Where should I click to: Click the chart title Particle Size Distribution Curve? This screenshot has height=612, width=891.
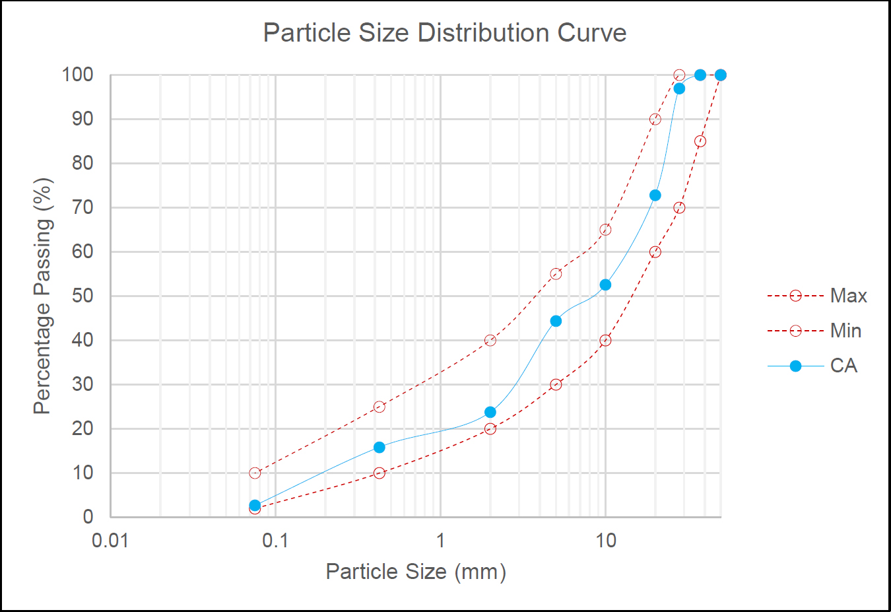[x=445, y=33]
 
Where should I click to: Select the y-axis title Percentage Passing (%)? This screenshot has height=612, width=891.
[x=42, y=296]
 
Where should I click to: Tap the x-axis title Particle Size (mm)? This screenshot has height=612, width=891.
[x=416, y=571]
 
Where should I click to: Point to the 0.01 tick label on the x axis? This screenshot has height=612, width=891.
[x=110, y=541]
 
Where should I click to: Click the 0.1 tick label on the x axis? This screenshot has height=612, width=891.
[x=275, y=541]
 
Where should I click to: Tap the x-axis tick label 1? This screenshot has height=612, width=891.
[x=440, y=541]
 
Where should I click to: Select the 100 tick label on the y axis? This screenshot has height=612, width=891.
[x=78, y=75]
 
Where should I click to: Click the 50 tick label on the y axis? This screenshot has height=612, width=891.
[x=82, y=296]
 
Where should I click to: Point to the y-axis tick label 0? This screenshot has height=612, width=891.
[x=88, y=517]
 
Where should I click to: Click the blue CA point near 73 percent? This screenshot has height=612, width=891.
[x=655, y=195]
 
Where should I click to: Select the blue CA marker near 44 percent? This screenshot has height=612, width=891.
[x=556, y=321]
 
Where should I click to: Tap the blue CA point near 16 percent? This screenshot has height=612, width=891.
[x=379, y=447]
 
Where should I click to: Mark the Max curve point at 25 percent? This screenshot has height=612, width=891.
[x=379, y=407]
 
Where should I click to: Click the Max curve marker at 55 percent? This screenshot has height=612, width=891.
[x=556, y=274]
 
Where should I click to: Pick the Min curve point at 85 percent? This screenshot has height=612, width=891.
[x=700, y=141]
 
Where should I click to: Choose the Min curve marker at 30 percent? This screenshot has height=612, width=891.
[x=556, y=384]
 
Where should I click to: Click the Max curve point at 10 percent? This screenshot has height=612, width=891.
[x=255, y=473]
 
